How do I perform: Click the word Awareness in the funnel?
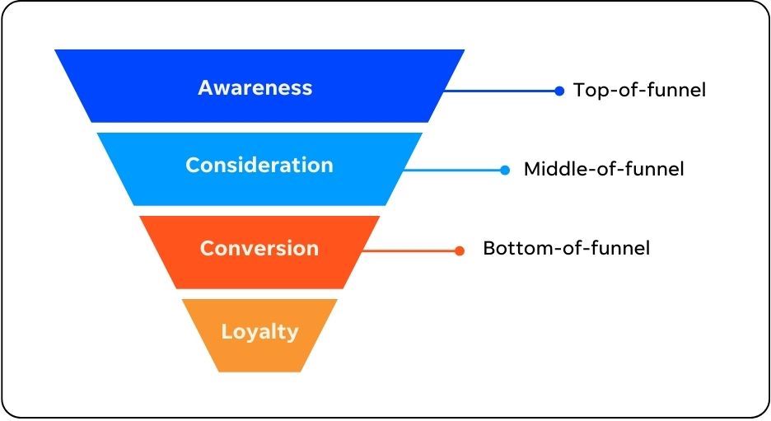pyautogui.click(x=255, y=88)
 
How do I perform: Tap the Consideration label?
pyautogui.click(x=259, y=166)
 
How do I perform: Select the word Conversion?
pyautogui.click(x=259, y=248)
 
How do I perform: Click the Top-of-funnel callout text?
pyautogui.click(x=640, y=90)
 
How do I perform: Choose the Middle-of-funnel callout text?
pyautogui.click(x=604, y=169)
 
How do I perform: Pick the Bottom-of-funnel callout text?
pyautogui.click(x=567, y=248)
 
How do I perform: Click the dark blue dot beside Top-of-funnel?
pyautogui.click(x=559, y=91)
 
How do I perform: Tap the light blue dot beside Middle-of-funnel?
pyautogui.click(x=505, y=171)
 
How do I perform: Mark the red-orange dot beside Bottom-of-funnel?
pyautogui.click(x=460, y=251)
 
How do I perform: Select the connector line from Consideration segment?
pyautogui.click(x=452, y=171)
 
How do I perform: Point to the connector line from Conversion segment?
pyautogui.click(x=409, y=251)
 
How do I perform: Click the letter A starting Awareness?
pyautogui.click(x=206, y=88)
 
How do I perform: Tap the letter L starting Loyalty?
pyautogui.click(x=226, y=331)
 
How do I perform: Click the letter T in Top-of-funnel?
pyautogui.click(x=580, y=90)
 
